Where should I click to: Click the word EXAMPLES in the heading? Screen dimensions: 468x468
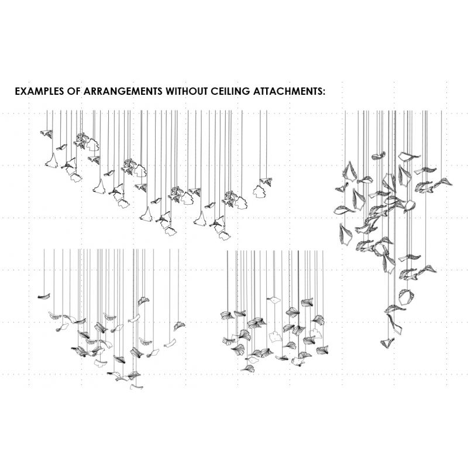[39, 91]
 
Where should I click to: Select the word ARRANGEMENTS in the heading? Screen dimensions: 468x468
[123, 91]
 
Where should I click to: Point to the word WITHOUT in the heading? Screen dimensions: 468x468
[187, 91]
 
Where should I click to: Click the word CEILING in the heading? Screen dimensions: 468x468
[230, 91]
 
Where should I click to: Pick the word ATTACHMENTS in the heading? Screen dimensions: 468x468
[287, 91]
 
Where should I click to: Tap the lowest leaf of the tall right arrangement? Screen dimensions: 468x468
[387, 343]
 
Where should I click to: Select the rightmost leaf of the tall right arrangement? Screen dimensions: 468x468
[443, 182]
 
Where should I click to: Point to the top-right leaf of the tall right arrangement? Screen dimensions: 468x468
[408, 156]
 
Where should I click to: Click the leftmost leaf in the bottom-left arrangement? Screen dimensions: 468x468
[44, 296]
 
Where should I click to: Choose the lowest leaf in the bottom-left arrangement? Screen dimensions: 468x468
[136, 387]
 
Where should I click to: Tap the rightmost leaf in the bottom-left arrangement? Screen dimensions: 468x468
[179, 326]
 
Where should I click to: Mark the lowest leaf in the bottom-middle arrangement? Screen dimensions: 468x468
[248, 369]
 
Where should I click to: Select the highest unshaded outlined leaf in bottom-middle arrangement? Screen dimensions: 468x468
[274, 300]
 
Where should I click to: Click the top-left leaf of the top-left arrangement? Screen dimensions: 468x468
[47, 134]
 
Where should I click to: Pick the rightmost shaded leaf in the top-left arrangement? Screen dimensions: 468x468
[266, 181]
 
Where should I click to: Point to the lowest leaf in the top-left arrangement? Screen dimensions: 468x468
[225, 236]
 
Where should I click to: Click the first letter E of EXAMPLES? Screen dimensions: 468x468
[18, 91]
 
